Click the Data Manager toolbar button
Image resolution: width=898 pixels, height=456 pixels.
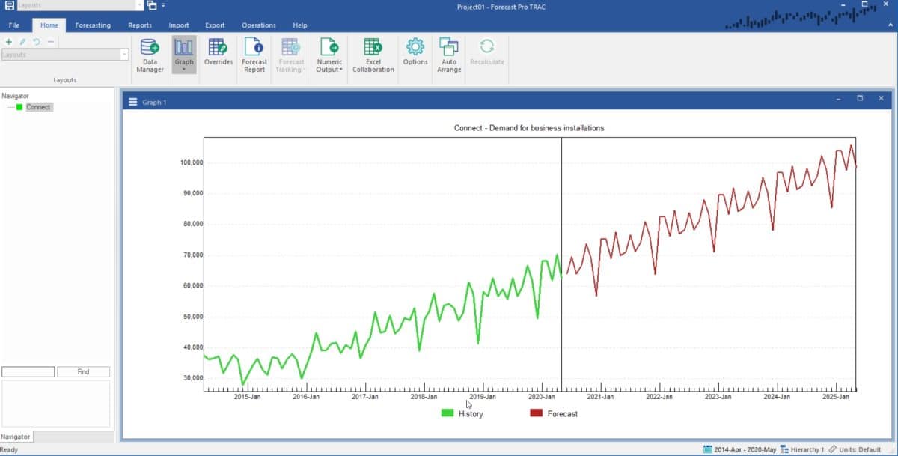pyautogui.click(x=150, y=55)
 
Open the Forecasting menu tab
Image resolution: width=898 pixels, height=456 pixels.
pyautogui.click(x=93, y=25)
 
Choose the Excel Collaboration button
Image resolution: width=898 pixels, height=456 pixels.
pyautogui.click(x=373, y=55)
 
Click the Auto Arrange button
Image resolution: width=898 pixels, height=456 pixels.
pyautogui.click(x=449, y=55)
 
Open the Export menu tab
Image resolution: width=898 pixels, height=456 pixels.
pyautogui.click(x=215, y=25)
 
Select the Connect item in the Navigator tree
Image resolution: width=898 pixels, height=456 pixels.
pyautogui.click(x=38, y=107)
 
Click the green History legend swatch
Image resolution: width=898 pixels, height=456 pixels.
pyautogui.click(x=448, y=413)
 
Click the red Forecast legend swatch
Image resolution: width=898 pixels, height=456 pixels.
pyautogui.click(x=536, y=413)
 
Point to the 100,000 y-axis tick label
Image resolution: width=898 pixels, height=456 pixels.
pyautogui.click(x=192, y=162)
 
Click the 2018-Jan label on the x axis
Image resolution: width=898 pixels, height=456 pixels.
pyautogui.click(x=424, y=397)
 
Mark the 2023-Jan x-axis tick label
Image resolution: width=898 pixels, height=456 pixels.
pyautogui.click(x=718, y=397)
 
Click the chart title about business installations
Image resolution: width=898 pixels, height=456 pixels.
pyautogui.click(x=529, y=128)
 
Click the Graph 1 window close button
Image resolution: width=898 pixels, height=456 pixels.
pyautogui.click(x=881, y=98)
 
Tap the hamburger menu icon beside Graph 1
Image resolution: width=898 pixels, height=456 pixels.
pyautogui.click(x=133, y=102)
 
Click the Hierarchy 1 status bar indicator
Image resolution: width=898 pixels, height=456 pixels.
pyautogui.click(x=802, y=449)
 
